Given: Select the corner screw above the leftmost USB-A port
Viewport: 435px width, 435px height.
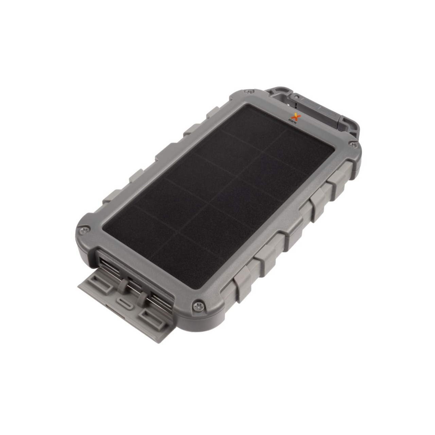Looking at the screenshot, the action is [85, 230].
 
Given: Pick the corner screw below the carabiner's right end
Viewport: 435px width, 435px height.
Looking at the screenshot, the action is [354, 145].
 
